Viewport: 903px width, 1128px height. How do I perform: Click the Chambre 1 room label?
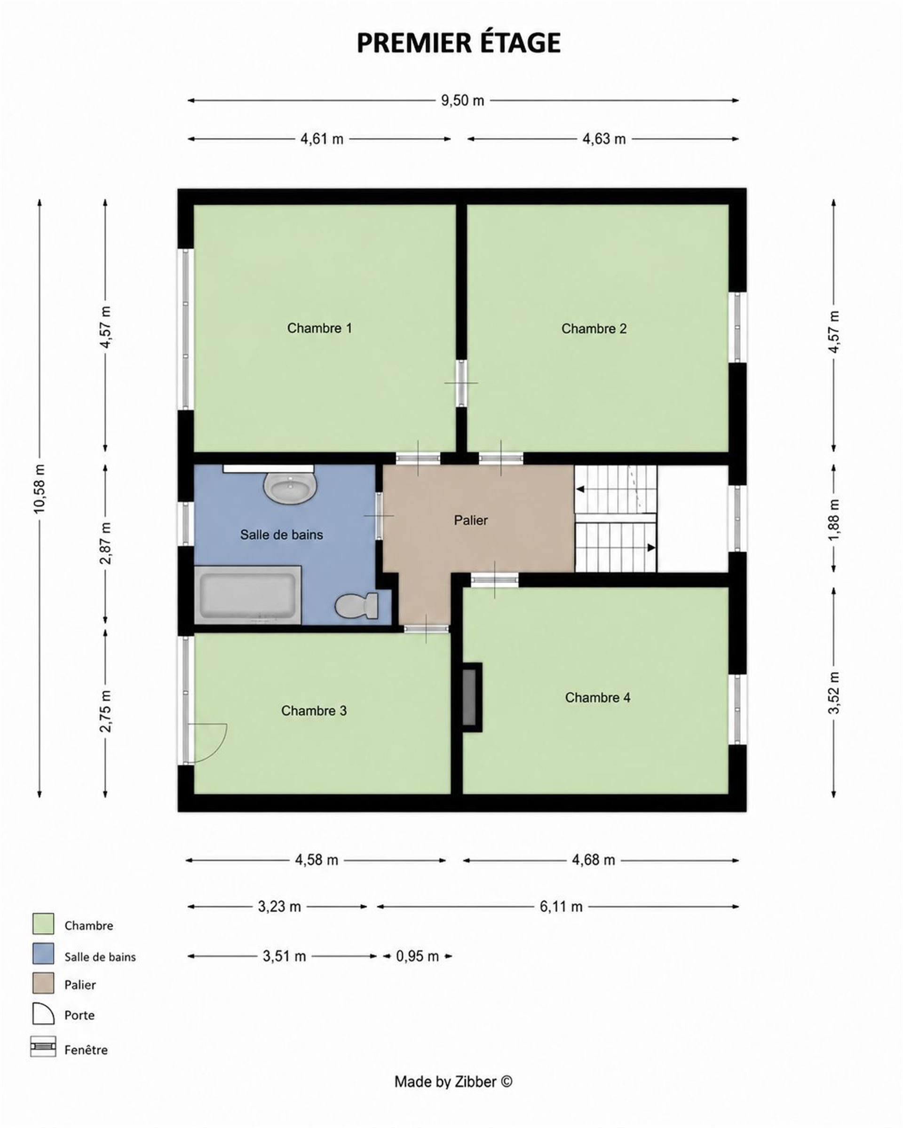pos(319,328)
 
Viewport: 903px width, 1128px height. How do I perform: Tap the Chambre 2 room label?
pos(594,329)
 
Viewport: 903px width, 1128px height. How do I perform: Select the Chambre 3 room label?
pos(314,710)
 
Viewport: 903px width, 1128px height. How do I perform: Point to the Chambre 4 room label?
pos(597,697)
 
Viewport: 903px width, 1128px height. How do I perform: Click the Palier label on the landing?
pos(471,520)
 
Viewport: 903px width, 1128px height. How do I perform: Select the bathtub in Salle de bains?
pos(247,595)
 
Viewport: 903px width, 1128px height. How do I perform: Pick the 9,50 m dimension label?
pos(462,101)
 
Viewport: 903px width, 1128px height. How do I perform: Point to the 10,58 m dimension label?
pos(40,488)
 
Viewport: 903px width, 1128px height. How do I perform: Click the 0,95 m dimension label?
pos(417,956)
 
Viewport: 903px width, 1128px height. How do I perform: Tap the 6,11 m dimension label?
pos(561,907)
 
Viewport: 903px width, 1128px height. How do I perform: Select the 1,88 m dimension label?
pos(834,520)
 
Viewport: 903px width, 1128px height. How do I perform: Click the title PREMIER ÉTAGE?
pos(458,43)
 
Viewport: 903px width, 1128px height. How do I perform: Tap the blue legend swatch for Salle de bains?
pos(43,953)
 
